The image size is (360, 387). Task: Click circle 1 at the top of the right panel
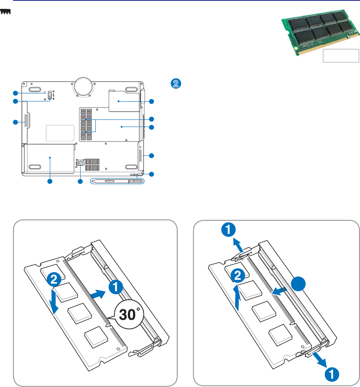tap(227, 230)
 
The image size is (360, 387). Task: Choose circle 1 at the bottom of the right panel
tap(332, 373)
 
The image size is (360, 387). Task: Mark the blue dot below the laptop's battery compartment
tap(49, 181)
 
